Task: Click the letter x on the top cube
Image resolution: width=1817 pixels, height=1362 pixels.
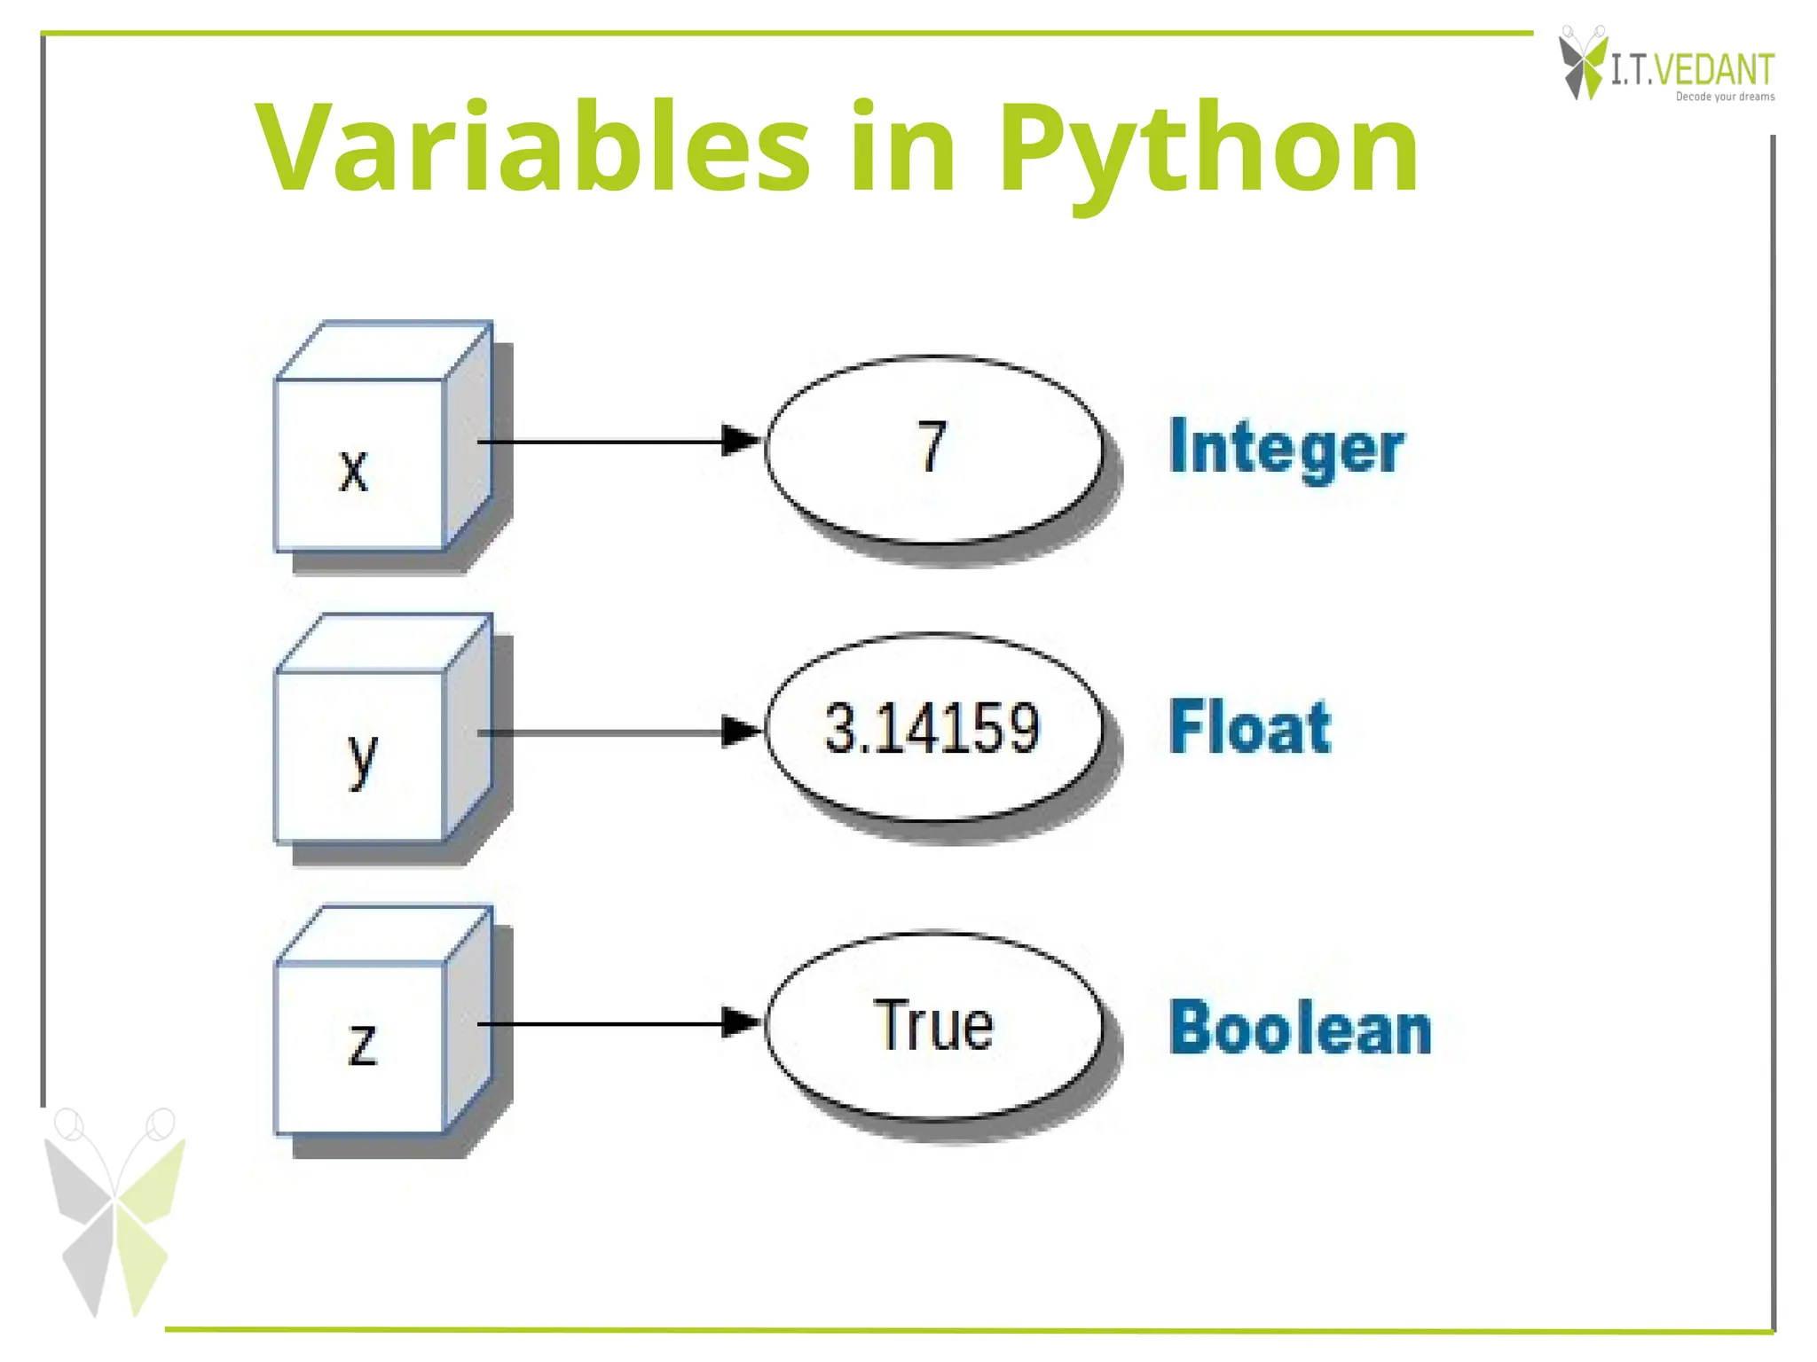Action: [x=353, y=470]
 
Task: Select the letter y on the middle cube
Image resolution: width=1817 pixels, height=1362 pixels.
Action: [x=362, y=757]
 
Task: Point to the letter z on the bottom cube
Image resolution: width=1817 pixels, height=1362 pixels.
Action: [x=362, y=1045]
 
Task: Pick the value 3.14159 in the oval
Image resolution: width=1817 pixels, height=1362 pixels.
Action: [x=932, y=729]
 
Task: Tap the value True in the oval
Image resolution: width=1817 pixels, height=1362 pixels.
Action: [x=933, y=1026]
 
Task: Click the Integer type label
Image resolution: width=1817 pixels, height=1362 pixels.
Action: [x=1286, y=448]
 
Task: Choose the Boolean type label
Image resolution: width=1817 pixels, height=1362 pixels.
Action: [x=1301, y=1029]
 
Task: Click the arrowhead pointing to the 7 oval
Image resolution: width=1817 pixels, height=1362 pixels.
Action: [x=742, y=441]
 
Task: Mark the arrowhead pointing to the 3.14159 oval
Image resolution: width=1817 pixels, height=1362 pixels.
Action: [x=742, y=732]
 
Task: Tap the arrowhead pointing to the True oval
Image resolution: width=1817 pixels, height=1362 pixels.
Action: [x=742, y=1023]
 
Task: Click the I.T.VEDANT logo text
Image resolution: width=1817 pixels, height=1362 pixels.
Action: [x=1693, y=69]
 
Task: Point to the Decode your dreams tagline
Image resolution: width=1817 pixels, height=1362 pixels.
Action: [x=1725, y=97]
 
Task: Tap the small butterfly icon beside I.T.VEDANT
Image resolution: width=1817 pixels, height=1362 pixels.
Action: [x=1582, y=62]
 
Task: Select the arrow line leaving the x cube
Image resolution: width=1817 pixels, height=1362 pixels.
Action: [x=603, y=441]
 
